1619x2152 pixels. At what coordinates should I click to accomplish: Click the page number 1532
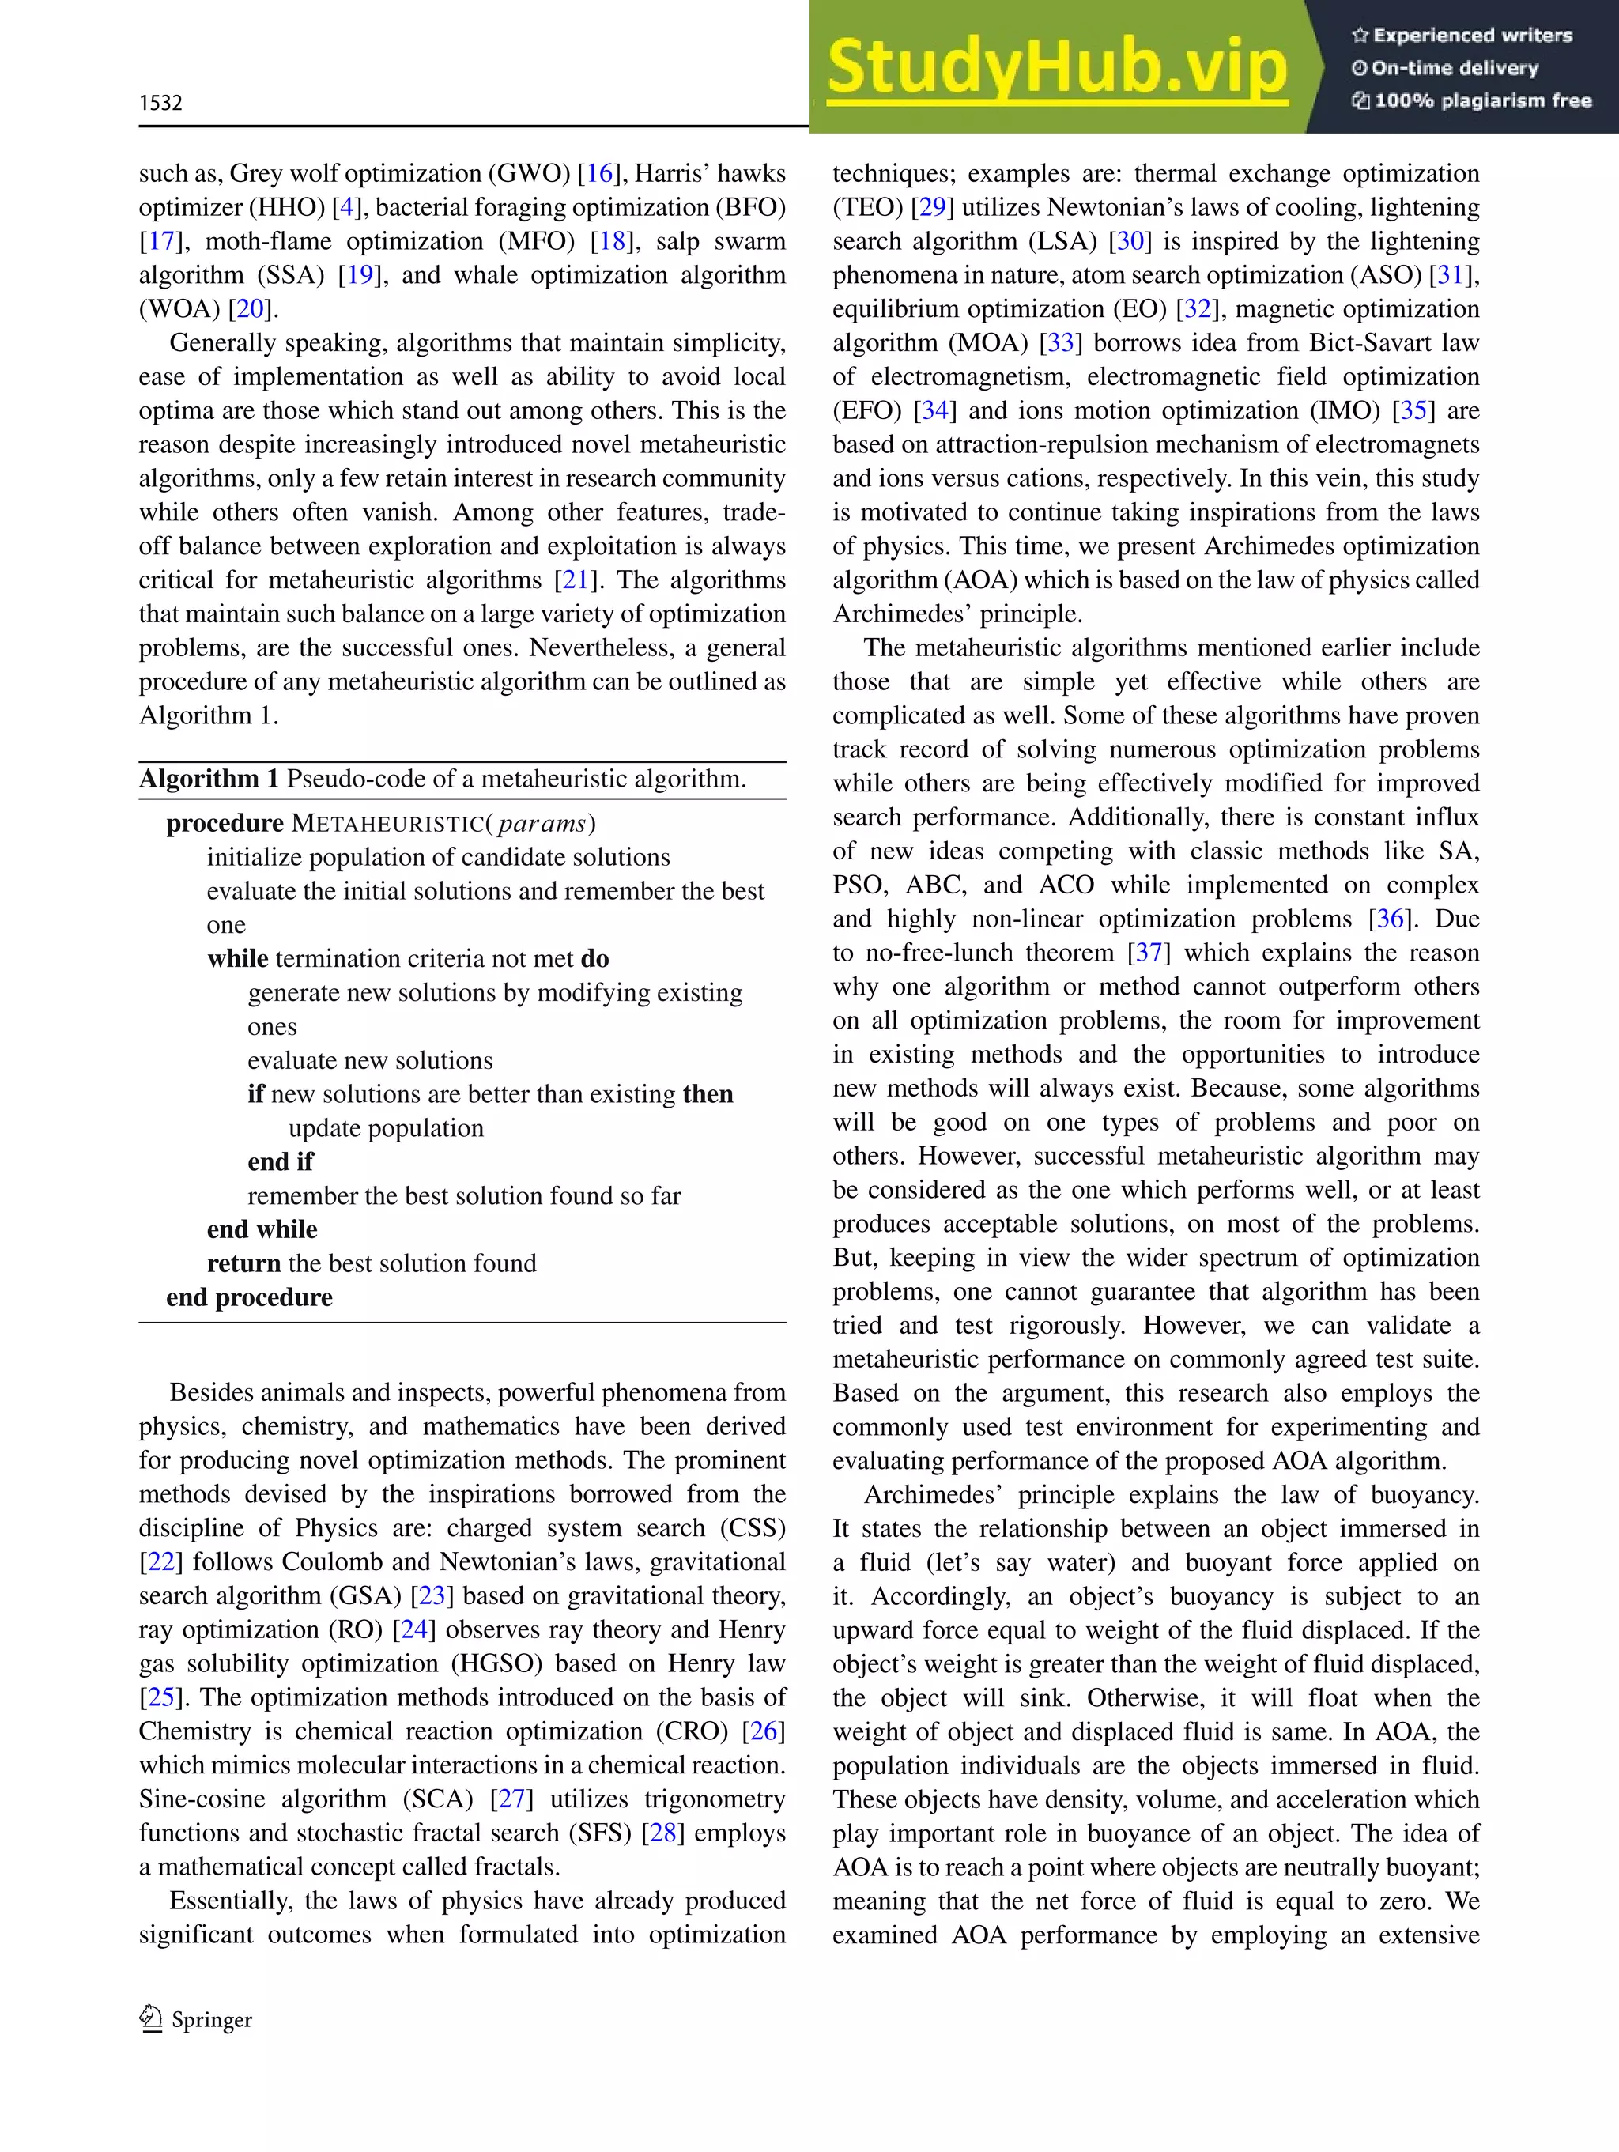click(160, 103)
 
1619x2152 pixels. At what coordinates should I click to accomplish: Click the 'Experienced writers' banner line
click(1462, 35)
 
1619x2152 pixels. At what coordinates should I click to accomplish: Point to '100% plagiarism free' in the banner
click(1471, 100)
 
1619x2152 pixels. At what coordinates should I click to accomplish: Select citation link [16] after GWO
click(598, 173)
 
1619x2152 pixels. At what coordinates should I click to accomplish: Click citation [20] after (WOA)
click(250, 308)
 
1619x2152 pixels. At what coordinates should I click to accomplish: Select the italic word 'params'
click(541, 823)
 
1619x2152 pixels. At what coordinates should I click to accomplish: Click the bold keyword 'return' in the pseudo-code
click(243, 1263)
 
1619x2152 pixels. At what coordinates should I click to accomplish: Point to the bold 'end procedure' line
click(249, 1297)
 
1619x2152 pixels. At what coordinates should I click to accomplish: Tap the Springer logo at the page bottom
click(195, 2020)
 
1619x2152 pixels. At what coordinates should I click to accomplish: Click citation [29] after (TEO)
click(932, 207)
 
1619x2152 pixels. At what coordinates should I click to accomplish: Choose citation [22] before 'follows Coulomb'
click(160, 1561)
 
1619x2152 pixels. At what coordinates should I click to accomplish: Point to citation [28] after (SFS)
click(662, 1833)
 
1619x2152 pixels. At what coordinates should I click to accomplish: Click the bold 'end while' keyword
click(262, 1229)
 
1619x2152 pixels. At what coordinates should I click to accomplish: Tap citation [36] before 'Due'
click(1390, 919)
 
